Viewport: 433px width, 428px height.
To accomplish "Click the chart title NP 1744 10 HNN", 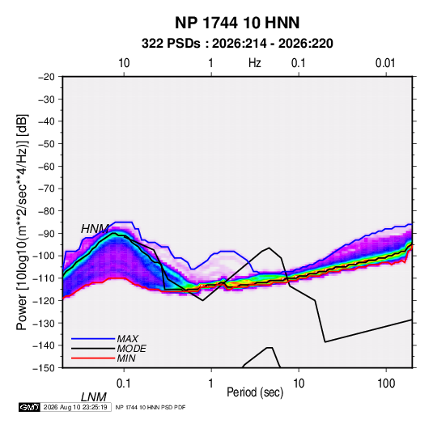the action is pyautogui.click(x=237, y=23).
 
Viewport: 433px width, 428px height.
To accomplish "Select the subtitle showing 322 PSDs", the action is pyautogui.click(x=237, y=44).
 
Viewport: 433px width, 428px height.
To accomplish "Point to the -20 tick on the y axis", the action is pyautogui.click(x=46, y=77).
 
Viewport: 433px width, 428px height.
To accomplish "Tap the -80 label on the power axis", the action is pyautogui.click(x=46, y=211).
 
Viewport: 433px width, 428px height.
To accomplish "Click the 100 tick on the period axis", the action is pyautogui.click(x=386, y=384).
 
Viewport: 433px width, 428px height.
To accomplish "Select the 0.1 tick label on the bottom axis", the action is pyautogui.click(x=124, y=384).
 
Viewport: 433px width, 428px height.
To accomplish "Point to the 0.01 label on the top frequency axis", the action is pyautogui.click(x=385, y=63).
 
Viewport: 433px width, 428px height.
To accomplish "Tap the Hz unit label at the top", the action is pyautogui.click(x=255, y=63).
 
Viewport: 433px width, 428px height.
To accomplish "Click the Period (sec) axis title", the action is pyautogui.click(x=255, y=392).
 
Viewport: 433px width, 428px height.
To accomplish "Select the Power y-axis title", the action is pyautogui.click(x=23, y=222).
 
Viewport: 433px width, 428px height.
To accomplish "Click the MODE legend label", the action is pyautogui.click(x=131, y=349).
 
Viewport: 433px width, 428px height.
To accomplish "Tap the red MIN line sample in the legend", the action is pyautogui.click(x=93, y=358).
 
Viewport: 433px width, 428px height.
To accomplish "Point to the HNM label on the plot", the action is pyautogui.click(x=95, y=229).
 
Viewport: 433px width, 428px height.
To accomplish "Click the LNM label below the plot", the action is pyautogui.click(x=94, y=397).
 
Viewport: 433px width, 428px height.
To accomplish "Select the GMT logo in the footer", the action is pyautogui.click(x=29, y=407).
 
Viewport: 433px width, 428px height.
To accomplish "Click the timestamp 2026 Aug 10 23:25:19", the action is pyautogui.click(x=75, y=407).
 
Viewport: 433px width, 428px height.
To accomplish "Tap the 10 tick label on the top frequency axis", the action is pyautogui.click(x=124, y=63).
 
